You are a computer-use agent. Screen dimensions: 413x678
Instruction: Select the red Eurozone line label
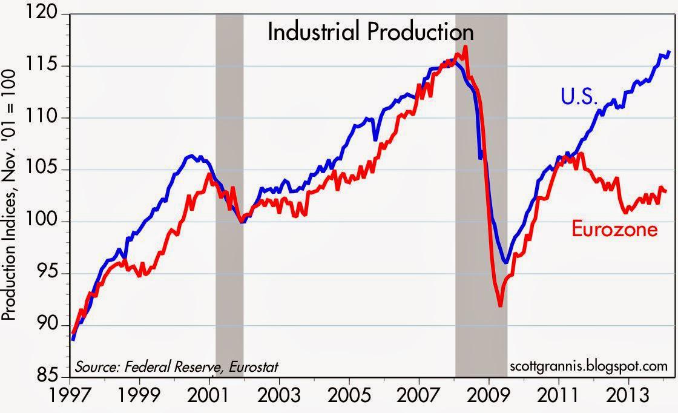614,230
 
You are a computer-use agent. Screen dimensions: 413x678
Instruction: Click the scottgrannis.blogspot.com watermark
589,366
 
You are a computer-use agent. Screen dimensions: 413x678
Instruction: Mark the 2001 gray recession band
229,194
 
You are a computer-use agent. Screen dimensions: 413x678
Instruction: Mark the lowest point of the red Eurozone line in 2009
500,306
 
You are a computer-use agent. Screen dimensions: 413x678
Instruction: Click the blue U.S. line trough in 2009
505,262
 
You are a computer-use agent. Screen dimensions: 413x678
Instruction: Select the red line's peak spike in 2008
464,46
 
